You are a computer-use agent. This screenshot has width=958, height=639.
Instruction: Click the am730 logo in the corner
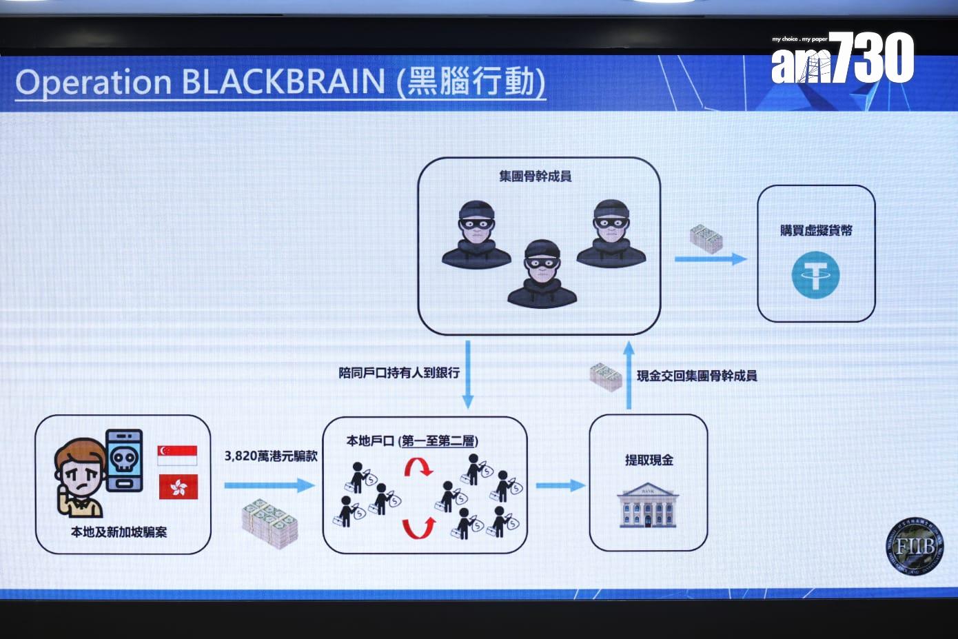tap(842, 59)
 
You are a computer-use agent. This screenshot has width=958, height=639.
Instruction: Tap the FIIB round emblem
tap(914, 547)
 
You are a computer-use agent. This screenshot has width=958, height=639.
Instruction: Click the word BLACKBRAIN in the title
tap(283, 82)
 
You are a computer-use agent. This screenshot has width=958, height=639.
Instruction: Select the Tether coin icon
tap(815, 274)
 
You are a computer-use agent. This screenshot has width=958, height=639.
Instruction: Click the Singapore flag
tap(178, 456)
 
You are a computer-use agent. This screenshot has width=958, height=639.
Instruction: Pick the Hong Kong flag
tap(178, 487)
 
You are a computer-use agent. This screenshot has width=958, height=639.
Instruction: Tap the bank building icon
tap(648, 505)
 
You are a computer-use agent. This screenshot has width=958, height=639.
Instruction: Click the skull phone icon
tap(125, 460)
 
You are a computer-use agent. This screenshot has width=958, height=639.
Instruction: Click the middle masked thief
tap(542, 274)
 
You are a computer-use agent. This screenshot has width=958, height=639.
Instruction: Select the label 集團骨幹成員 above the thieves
tap(536, 176)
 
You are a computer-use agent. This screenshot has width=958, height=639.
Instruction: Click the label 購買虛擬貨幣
tap(816, 230)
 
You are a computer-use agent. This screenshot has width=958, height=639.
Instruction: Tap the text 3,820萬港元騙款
tap(271, 456)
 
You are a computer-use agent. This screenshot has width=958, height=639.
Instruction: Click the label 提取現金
tap(649, 460)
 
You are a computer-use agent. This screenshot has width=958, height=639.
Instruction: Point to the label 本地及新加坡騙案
tap(119, 531)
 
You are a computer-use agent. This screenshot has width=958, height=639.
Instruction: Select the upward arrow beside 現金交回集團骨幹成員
tap(629, 375)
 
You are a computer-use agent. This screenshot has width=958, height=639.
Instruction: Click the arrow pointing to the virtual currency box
tap(710, 259)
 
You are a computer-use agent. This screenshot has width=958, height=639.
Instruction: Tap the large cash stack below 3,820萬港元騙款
tap(269, 523)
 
